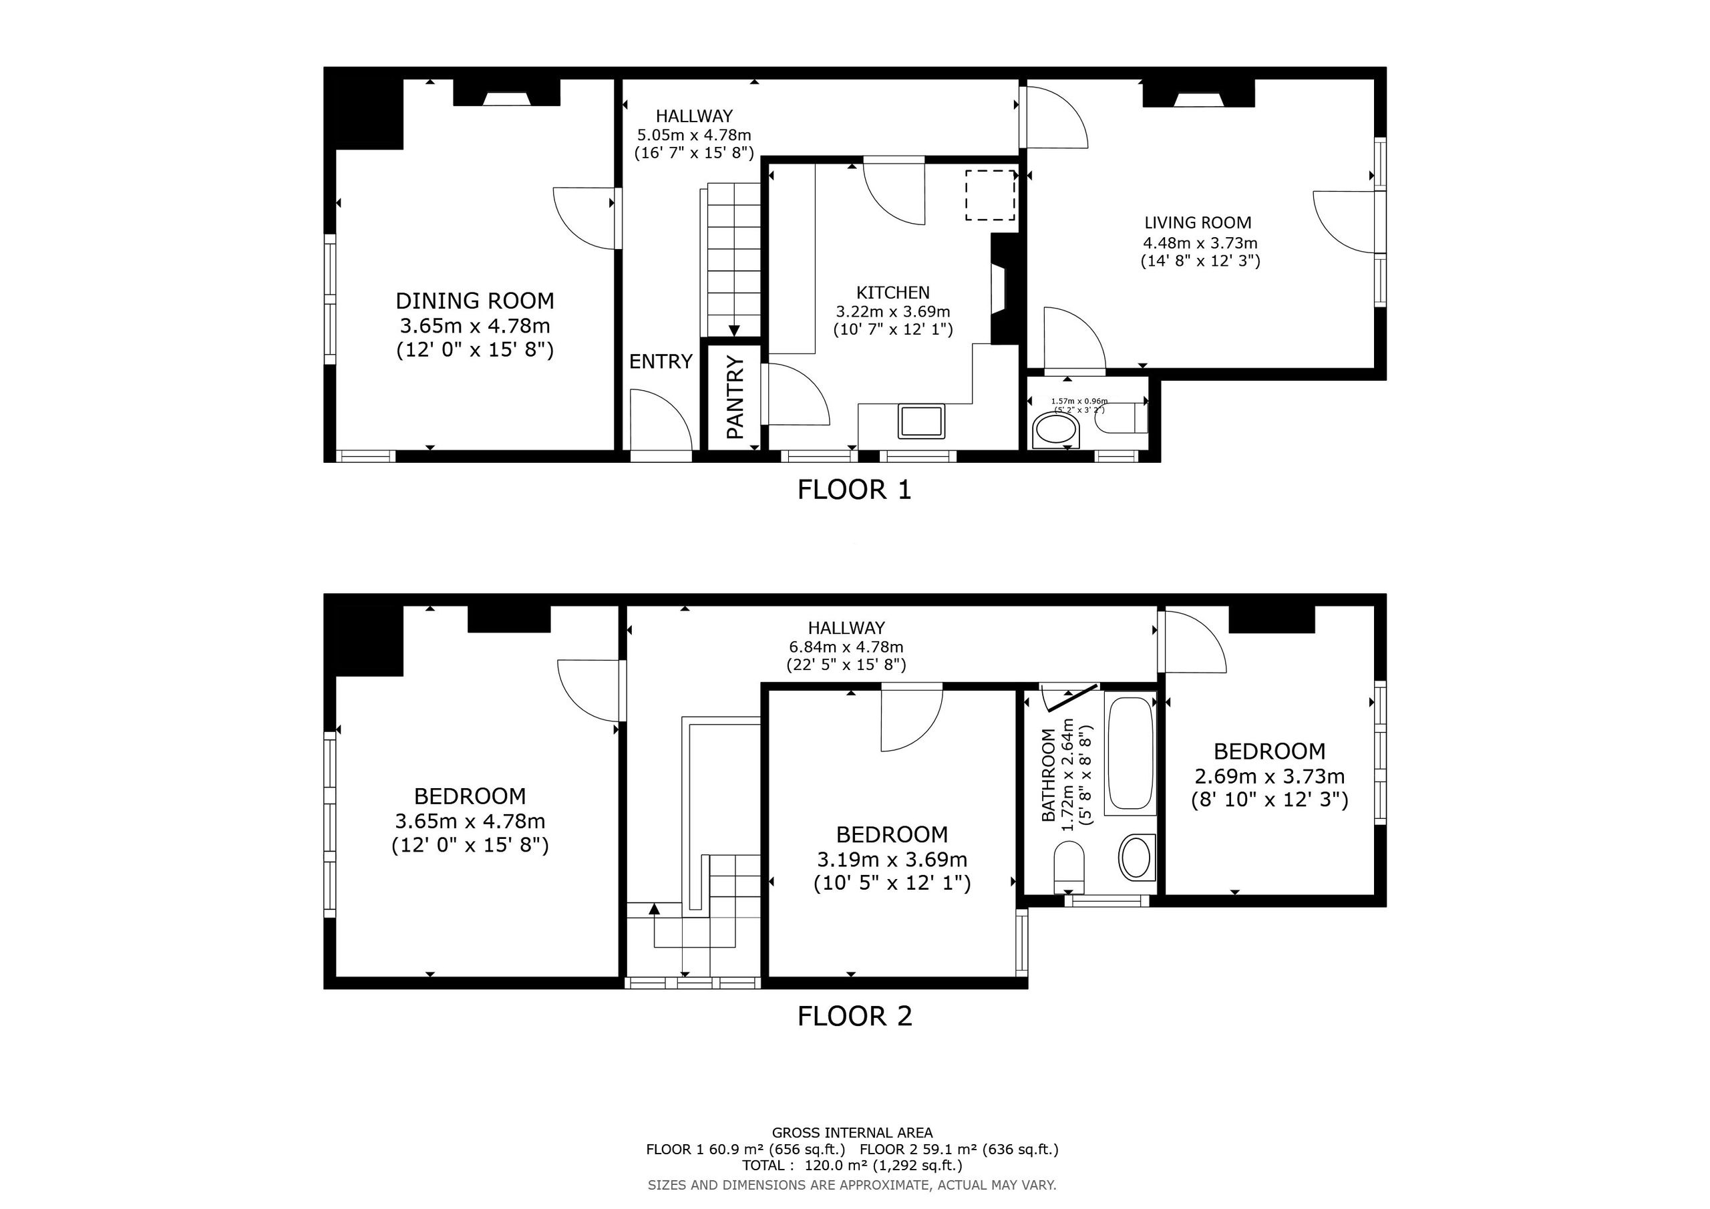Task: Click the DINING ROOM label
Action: (475, 301)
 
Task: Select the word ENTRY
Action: (661, 361)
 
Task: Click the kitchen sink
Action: (921, 421)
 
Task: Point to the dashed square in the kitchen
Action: (991, 195)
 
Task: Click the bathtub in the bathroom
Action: (1130, 752)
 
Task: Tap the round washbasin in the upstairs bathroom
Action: (1136, 858)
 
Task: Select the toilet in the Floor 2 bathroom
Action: (1069, 867)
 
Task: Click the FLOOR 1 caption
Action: (854, 490)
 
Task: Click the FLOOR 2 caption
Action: (854, 1016)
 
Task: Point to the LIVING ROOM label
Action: (1198, 222)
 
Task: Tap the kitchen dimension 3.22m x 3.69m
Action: (893, 311)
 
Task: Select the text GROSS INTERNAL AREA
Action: (852, 1133)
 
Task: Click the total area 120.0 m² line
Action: (852, 1165)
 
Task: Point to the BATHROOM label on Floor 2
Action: (1049, 775)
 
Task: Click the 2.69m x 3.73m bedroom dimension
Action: (1270, 776)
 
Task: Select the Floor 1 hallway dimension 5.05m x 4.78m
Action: (694, 136)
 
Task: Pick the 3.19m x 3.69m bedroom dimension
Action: (892, 860)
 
